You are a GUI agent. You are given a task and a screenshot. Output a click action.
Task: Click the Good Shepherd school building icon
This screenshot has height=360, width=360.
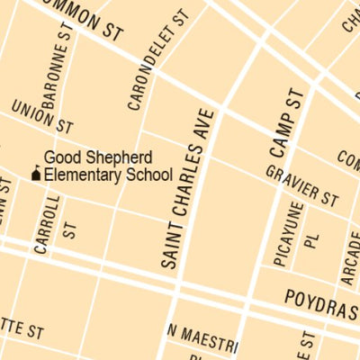[x=36, y=173]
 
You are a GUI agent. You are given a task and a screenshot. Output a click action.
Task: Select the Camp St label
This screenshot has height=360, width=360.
[x=286, y=136]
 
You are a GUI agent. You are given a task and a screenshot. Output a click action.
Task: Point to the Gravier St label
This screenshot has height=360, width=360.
[x=301, y=184]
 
